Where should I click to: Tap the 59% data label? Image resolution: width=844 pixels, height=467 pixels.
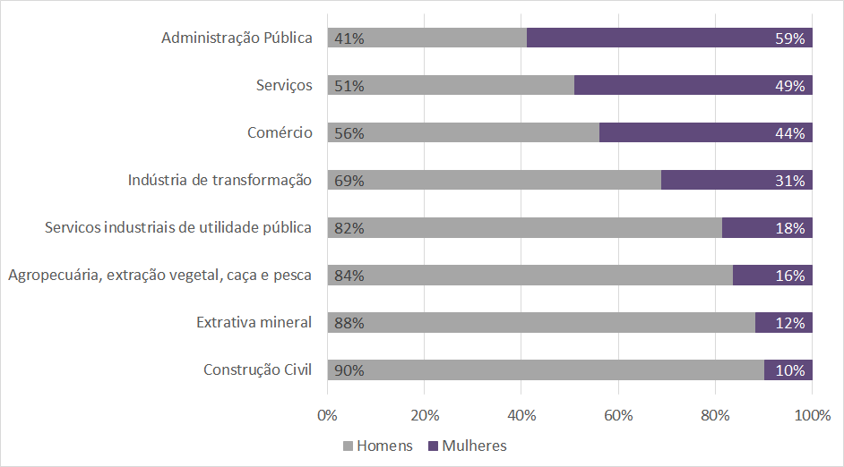[x=791, y=38]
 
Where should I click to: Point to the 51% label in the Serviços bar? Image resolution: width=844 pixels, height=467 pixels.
[x=349, y=86]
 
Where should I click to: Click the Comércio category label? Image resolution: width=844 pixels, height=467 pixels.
[x=280, y=132]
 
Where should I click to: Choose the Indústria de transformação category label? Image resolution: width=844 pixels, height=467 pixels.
[x=220, y=180]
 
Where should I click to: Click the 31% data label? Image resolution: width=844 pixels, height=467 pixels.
[x=791, y=181]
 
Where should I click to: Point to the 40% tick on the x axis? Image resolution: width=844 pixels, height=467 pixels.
[x=521, y=415]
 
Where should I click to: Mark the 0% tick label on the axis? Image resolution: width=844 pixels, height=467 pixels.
[x=328, y=415]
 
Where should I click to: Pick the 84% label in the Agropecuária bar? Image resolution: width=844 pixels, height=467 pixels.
[x=349, y=276]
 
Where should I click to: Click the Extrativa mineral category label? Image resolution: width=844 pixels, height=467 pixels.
[x=254, y=322]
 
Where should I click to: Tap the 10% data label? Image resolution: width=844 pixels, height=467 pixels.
[x=791, y=370]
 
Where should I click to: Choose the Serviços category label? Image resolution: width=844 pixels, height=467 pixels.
[x=284, y=85]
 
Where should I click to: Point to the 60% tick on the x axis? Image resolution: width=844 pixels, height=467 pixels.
[x=618, y=415]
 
